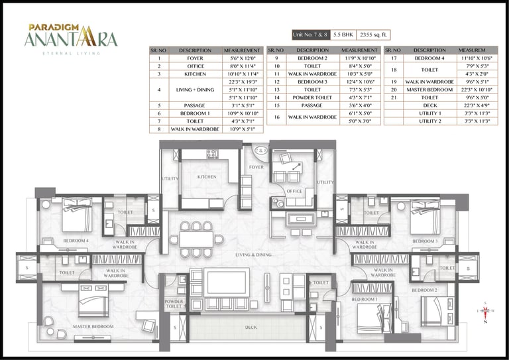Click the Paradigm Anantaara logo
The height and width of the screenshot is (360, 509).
(x=70, y=37)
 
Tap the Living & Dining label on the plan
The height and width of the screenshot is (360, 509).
(x=254, y=255)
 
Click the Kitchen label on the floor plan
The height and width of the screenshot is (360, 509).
(x=207, y=178)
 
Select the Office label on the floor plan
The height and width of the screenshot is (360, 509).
(x=294, y=192)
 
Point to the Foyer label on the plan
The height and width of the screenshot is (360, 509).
(x=257, y=167)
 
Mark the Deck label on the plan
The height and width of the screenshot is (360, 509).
(x=251, y=327)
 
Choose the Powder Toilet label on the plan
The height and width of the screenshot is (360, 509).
(x=174, y=304)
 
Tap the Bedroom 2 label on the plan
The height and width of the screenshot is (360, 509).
(x=424, y=290)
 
